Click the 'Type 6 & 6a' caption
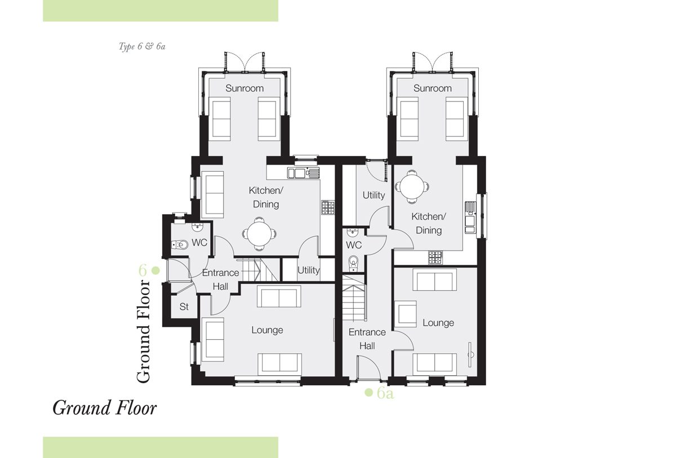142,46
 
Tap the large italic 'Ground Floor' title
105,408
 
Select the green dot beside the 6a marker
369,392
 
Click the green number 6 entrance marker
143,270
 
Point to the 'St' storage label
184,307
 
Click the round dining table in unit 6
259,234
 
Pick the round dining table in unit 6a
412,187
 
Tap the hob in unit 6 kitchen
328,207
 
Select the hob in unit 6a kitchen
435,257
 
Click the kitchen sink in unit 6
304,173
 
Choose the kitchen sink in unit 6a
470,217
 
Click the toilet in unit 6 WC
180,244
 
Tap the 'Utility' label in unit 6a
373,195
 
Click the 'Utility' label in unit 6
309,270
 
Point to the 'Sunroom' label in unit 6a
433,88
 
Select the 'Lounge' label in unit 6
267,330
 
